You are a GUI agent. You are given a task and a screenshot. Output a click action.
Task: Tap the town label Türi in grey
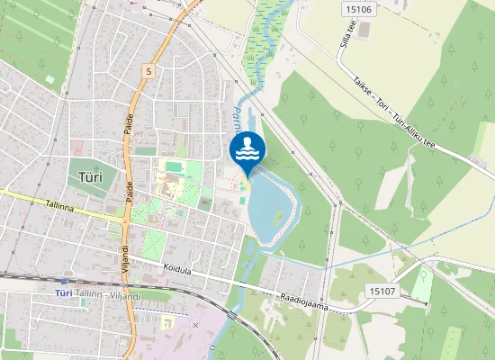(x=91, y=176)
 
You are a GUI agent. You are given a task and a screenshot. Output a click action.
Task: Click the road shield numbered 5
(x=148, y=69)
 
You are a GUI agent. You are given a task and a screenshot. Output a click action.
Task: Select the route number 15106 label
(x=357, y=9)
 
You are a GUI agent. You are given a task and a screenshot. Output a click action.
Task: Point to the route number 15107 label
(x=382, y=290)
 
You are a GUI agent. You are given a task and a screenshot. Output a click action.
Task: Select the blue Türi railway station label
(x=62, y=293)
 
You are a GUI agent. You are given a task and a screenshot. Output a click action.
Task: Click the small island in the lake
(x=277, y=218)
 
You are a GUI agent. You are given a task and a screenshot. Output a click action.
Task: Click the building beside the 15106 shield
(x=364, y=30)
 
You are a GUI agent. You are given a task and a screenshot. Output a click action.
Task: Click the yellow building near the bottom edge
(x=166, y=321)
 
